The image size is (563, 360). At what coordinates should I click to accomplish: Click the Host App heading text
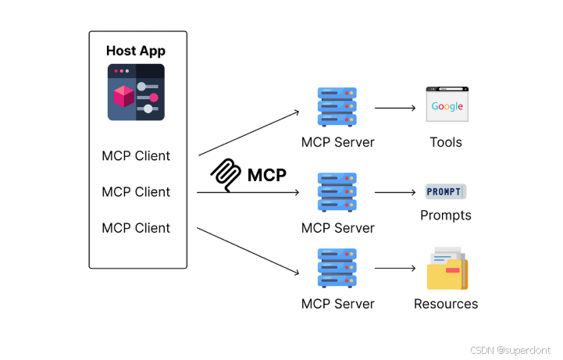(x=136, y=52)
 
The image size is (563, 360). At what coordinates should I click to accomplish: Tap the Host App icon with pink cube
(x=136, y=92)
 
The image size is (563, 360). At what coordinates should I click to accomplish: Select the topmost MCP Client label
(x=136, y=155)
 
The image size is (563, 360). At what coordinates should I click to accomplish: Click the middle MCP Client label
(x=136, y=191)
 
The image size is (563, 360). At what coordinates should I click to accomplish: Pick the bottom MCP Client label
(x=136, y=227)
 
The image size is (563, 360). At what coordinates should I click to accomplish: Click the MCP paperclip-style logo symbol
(x=227, y=175)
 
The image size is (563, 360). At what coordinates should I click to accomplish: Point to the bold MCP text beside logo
(x=267, y=175)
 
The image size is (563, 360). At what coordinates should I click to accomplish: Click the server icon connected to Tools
(x=337, y=108)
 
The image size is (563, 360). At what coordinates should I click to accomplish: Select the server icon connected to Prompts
(x=337, y=192)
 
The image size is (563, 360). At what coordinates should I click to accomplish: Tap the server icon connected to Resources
(x=337, y=268)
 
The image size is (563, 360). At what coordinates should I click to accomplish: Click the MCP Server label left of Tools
(x=337, y=142)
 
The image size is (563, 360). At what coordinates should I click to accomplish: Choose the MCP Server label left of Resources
(x=337, y=304)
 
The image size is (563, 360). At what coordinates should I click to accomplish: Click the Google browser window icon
(x=447, y=105)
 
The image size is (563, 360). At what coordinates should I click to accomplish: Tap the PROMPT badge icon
(x=445, y=191)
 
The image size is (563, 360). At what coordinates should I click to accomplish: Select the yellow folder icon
(x=447, y=269)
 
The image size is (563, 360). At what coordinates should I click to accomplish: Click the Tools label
(x=446, y=142)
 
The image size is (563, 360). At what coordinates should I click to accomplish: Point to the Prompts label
(x=446, y=215)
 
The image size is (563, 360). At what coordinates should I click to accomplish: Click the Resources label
(x=446, y=304)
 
